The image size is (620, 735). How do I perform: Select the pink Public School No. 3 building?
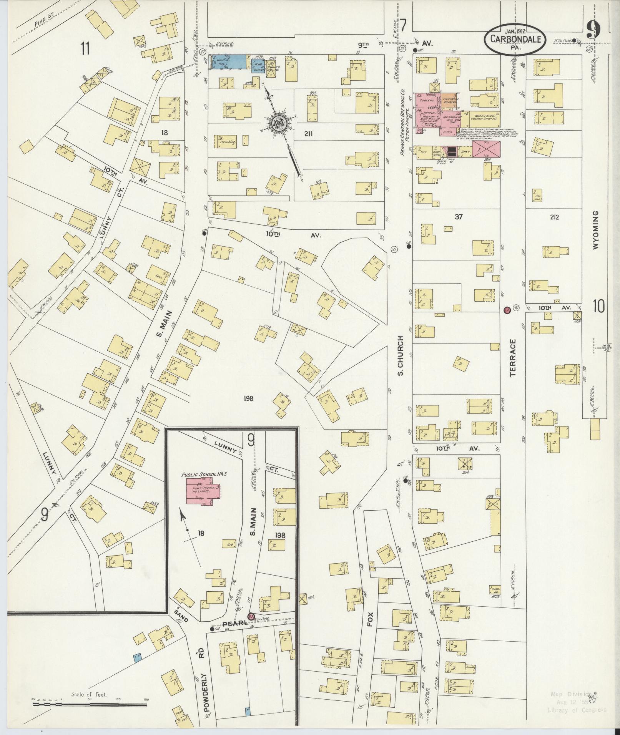tap(203, 491)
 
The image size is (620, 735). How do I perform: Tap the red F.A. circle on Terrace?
tap(507, 310)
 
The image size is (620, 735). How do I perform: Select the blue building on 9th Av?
tap(228, 61)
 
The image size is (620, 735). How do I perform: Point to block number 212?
tap(554, 217)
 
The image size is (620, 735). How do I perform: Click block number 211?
tap(308, 134)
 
